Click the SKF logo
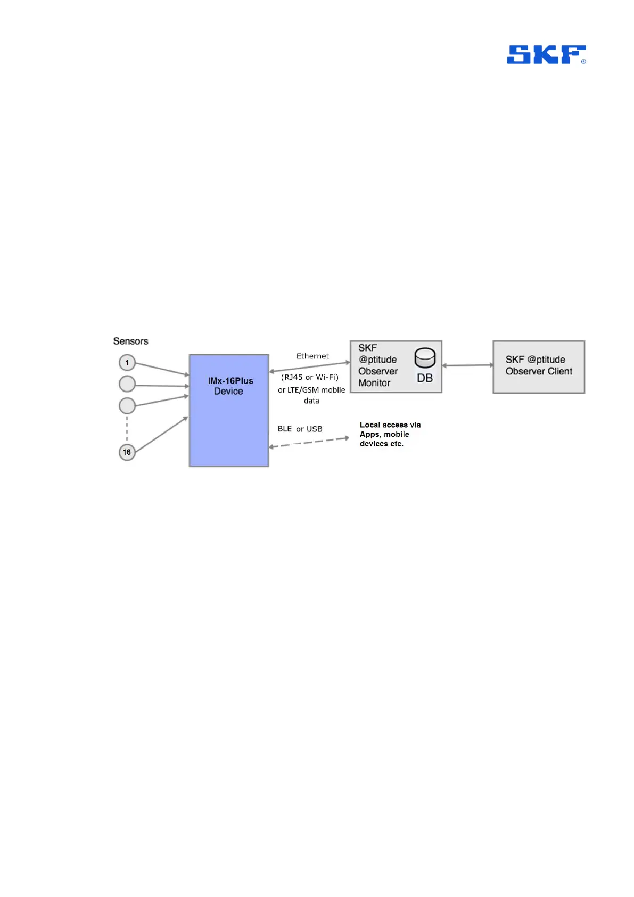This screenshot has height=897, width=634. (x=546, y=54)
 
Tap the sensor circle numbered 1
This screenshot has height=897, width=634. (x=127, y=363)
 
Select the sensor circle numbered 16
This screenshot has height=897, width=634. (x=127, y=452)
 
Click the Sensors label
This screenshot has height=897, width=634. (x=130, y=341)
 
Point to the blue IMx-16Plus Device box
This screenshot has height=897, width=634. (x=229, y=410)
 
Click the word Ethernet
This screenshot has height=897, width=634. (x=312, y=356)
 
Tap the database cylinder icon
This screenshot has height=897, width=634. (x=425, y=358)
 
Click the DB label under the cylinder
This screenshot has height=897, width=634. (x=425, y=378)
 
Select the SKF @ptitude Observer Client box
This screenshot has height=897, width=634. (x=539, y=366)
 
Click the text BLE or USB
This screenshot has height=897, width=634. (x=300, y=429)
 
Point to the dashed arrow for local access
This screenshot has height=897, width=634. (x=309, y=443)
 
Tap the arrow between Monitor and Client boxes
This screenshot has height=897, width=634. (x=467, y=365)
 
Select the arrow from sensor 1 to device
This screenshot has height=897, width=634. (x=162, y=369)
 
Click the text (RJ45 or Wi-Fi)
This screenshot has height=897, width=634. (x=310, y=377)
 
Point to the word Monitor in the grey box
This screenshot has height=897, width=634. (x=374, y=383)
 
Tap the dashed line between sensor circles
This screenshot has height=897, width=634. (x=127, y=429)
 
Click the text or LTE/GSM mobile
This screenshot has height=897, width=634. (x=311, y=390)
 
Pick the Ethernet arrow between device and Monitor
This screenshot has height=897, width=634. (x=309, y=366)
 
